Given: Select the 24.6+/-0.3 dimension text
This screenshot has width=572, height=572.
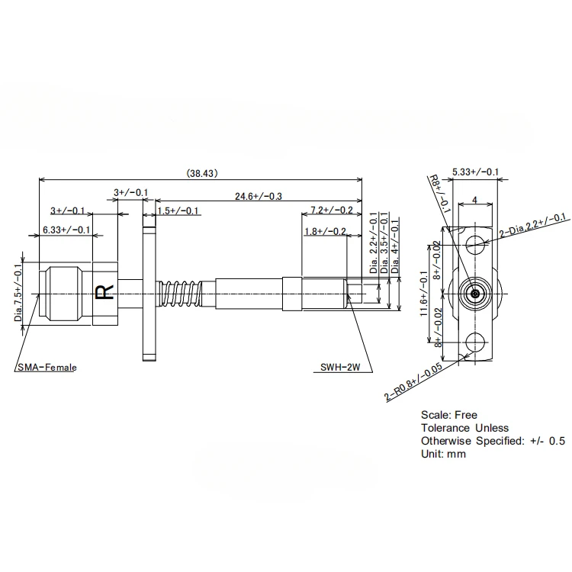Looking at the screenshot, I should click(x=254, y=196).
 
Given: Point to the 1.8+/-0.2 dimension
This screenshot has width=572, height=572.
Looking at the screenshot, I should click(x=325, y=231).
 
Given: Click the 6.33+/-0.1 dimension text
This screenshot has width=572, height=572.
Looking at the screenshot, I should click(x=66, y=230).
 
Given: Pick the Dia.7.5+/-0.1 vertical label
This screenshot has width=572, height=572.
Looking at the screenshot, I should click(x=19, y=292).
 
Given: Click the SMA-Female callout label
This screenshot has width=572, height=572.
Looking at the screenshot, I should click(x=47, y=368).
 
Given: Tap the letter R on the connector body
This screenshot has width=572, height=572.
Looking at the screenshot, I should click(x=101, y=292).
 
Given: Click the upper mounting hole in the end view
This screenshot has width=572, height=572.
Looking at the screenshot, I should click(x=475, y=245).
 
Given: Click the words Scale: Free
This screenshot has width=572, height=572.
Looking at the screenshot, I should click(x=448, y=415).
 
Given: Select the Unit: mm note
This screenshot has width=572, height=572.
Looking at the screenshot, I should click(x=443, y=454).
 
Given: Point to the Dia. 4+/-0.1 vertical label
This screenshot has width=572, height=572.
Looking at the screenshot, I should click(x=394, y=245).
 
